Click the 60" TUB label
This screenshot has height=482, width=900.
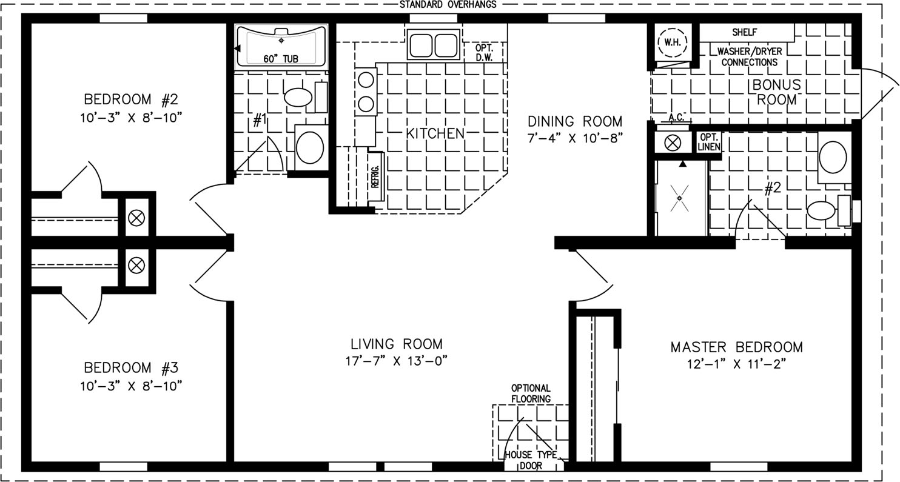[x=281, y=59]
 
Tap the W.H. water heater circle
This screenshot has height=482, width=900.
[x=672, y=42]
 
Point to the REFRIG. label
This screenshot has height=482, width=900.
[x=375, y=177]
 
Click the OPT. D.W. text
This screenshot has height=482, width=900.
[x=484, y=53]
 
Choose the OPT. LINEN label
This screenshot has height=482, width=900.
[x=709, y=142]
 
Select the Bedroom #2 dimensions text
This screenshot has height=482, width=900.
[x=131, y=118]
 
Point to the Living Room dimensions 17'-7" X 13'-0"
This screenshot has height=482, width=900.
[x=396, y=361]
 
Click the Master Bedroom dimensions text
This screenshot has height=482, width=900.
[x=736, y=364]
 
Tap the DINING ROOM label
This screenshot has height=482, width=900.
[x=575, y=121]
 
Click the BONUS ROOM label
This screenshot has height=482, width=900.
[x=777, y=92]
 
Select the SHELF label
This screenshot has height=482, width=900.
[x=745, y=32]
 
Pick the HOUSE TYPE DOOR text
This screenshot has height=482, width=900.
[x=531, y=460]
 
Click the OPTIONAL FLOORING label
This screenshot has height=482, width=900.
[x=531, y=393]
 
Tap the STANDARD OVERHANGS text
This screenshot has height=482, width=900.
[x=448, y=4]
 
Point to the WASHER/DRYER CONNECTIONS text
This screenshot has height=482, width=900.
[x=750, y=56]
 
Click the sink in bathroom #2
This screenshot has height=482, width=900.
[x=833, y=157]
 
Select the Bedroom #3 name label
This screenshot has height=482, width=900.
[x=131, y=367]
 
